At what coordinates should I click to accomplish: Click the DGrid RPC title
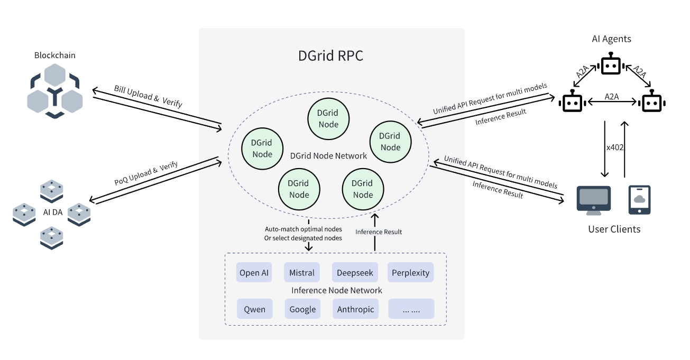tap(331, 56)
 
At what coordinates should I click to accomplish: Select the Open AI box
tap(254, 273)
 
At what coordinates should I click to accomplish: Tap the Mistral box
tap(302, 273)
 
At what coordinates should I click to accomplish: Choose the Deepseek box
tap(355, 273)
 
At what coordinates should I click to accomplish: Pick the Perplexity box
tap(411, 273)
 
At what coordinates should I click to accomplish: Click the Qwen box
tap(254, 309)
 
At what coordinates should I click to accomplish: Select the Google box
tap(302, 309)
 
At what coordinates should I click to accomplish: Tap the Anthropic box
tap(355, 309)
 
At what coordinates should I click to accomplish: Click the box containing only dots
tap(411, 309)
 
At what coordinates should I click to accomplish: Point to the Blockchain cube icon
tap(54, 90)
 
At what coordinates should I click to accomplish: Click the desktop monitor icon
tap(593, 200)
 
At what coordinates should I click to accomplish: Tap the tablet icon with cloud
tap(639, 200)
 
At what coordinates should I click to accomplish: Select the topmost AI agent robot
tap(611, 66)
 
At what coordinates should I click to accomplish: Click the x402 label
tap(615, 147)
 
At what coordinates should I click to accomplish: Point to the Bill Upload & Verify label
tap(148, 96)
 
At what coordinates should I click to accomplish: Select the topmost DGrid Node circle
tap(328, 118)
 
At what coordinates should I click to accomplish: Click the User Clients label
tap(614, 229)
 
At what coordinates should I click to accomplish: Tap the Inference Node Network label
tap(336, 290)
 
